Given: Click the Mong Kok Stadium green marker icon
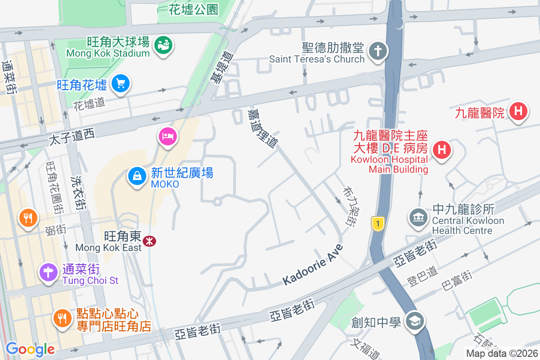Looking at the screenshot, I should click(163, 45).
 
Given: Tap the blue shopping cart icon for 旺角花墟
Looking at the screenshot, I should click(120, 84).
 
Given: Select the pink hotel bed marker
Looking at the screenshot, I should click(167, 136).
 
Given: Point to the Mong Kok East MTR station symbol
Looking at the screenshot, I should click(149, 242).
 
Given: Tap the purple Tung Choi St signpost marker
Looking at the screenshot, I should click(48, 272).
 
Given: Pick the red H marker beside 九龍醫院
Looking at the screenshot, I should click(518, 111).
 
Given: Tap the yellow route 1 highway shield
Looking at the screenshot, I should click(378, 223).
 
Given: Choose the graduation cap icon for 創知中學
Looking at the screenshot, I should click(413, 321).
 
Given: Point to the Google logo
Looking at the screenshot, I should click(30, 349).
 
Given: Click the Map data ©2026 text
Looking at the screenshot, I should click(501, 354).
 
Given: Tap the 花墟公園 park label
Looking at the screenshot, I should click(193, 9).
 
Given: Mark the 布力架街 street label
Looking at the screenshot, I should click(350, 207).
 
